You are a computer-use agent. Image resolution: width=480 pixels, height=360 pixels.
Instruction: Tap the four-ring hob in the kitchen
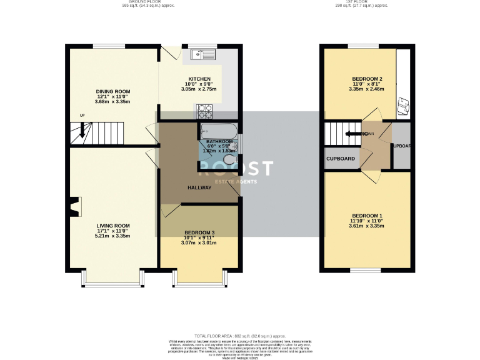(x=205, y=112)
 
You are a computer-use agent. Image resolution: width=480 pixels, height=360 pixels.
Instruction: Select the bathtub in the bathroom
(x=218, y=132)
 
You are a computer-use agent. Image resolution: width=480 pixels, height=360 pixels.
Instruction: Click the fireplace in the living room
(x=75, y=207)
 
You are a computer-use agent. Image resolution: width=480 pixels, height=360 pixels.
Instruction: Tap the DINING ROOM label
(x=113, y=92)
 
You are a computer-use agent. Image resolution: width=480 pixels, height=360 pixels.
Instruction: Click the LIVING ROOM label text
(x=113, y=226)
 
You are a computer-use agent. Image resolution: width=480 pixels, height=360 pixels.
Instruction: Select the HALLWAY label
(x=199, y=187)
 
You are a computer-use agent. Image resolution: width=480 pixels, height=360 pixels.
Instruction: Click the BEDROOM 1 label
(x=366, y=216)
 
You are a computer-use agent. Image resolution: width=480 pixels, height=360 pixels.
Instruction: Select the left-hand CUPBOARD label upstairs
(x=341, y=159)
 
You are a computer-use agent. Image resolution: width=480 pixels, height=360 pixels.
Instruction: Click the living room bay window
(x=113, y=285)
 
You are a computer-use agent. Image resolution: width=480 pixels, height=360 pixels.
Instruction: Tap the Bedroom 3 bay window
(x=199, y=285)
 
